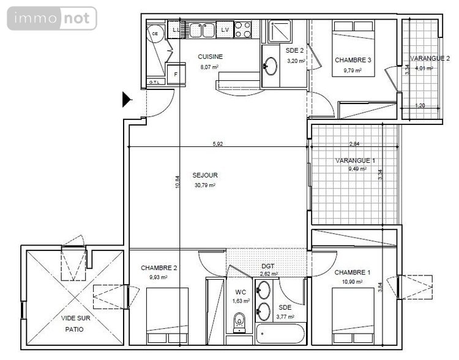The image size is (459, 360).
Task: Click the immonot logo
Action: pos(52,18)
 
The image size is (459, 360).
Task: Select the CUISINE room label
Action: pos(210,57)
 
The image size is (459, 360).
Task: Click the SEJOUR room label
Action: pos(205,175)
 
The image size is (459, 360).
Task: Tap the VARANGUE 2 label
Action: pos(430,58)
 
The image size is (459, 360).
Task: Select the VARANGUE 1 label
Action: pos(355,160)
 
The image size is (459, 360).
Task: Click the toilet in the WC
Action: pos(239,320)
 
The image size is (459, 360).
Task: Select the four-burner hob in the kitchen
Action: pos(243,29)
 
